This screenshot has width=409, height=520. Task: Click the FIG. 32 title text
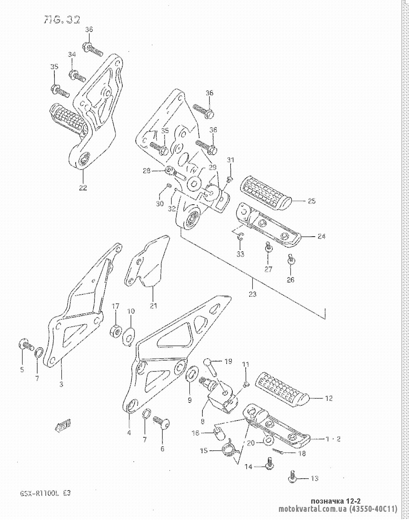tap(62, 20)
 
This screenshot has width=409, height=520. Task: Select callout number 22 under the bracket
tap(83, 188)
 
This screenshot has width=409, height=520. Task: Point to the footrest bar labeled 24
tap(270, 228)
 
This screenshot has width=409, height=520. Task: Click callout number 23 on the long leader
tap(252, 294)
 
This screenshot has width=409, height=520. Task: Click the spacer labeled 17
tap(116, 330)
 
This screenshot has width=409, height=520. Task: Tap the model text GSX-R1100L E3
tap(45, 493)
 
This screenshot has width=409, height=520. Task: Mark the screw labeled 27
tap(268, 248)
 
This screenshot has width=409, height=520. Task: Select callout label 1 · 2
tap(333, 439)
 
